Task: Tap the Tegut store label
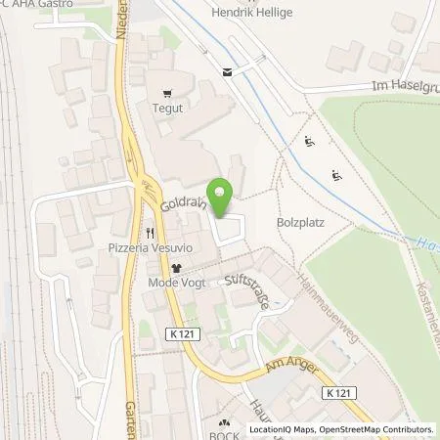pos(171,110)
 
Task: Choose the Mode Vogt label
pos(175,284)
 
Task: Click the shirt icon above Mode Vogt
pos(176,267)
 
